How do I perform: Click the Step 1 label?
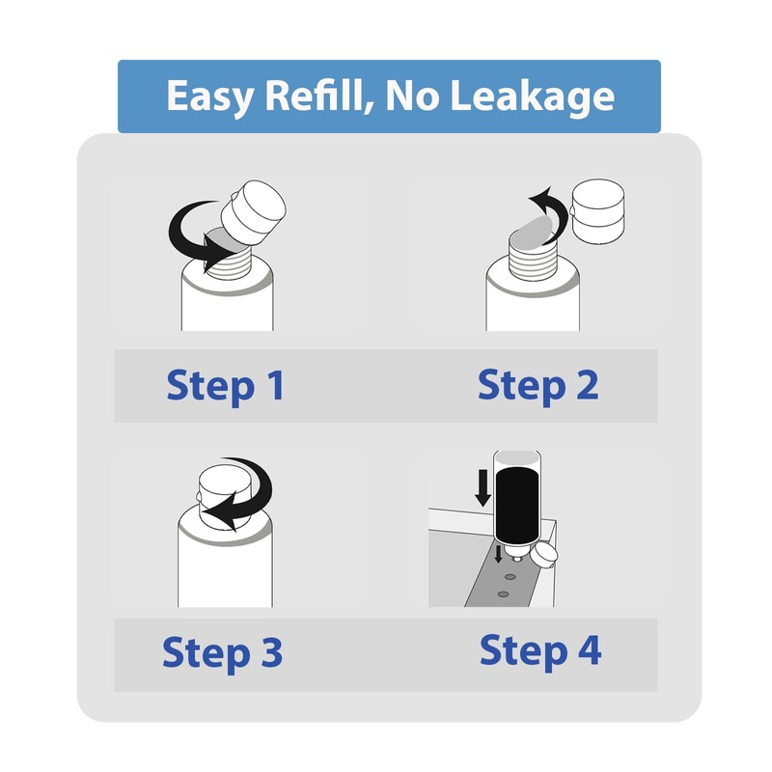tap(225, 386)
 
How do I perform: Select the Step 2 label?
tap(538, 385)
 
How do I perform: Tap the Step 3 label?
tap(222, 652)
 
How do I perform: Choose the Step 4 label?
tap(540, 650)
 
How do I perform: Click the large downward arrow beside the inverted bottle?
tap(482, 490)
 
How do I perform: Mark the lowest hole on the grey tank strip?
tap(503, 595)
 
